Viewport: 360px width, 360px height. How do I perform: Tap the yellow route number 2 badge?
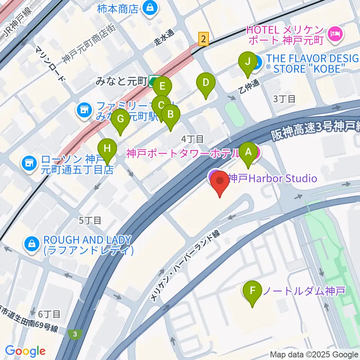[203, 39]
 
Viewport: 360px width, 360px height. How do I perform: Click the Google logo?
[25, 351]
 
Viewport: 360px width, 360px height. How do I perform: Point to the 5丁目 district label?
[90, 220]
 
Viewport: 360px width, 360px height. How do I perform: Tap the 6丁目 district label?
[49, 313]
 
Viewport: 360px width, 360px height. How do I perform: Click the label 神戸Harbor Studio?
[272, 178]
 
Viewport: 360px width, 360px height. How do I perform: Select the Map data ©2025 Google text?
[314, 354]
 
